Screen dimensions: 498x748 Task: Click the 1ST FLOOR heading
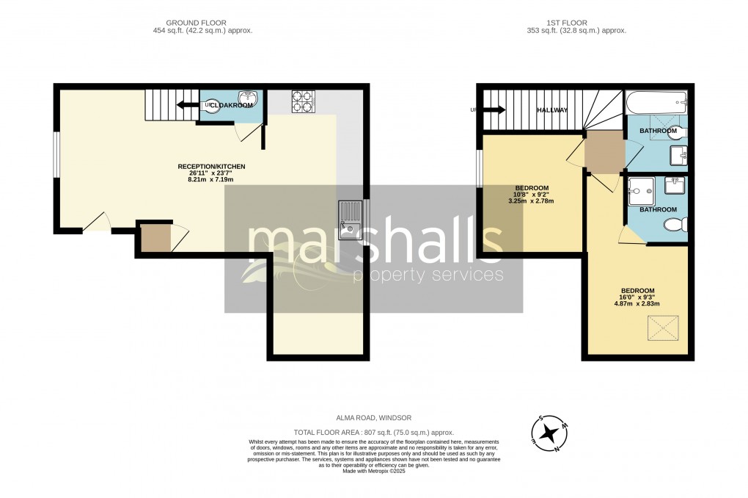tap(576, 23)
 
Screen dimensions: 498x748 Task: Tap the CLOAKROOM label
tap(235, 106)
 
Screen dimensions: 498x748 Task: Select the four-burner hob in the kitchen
tap(302, 101)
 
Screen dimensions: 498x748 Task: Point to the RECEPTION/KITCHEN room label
tap(211, 167)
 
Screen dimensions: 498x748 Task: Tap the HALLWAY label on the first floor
tap(552, 110)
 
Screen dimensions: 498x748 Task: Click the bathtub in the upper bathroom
tap(656, 100)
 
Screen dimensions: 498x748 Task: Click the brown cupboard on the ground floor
tap(155, 239)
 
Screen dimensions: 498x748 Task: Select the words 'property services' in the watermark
tap(428, 275)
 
